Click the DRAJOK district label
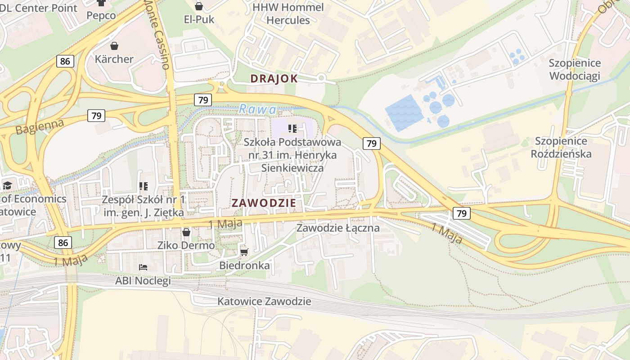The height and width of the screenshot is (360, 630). [274, 79]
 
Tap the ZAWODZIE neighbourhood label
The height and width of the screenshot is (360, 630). [264, 203]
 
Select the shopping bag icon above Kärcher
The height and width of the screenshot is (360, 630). [114, 46]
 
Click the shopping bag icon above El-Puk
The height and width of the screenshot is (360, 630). [199, 6]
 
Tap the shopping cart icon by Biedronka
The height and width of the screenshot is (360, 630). [244, 252]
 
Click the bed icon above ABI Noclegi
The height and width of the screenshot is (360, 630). [143, 267]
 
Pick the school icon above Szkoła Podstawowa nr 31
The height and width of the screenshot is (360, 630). [292, 129]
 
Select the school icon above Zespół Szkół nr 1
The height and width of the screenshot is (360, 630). [144, 186]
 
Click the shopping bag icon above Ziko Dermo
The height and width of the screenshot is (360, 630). [186, 232]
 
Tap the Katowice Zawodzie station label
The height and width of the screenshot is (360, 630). [264, 301]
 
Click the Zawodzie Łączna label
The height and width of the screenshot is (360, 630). [337, 228]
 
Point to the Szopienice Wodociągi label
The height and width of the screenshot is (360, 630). [575, 69]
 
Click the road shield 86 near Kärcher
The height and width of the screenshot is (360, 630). [65, 61]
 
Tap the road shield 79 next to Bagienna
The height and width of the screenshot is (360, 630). [96, 116]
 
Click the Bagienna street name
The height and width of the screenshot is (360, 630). [40, 126]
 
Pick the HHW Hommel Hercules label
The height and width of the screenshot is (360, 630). [288, 14]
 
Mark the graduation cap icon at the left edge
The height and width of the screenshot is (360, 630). [7, 185]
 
